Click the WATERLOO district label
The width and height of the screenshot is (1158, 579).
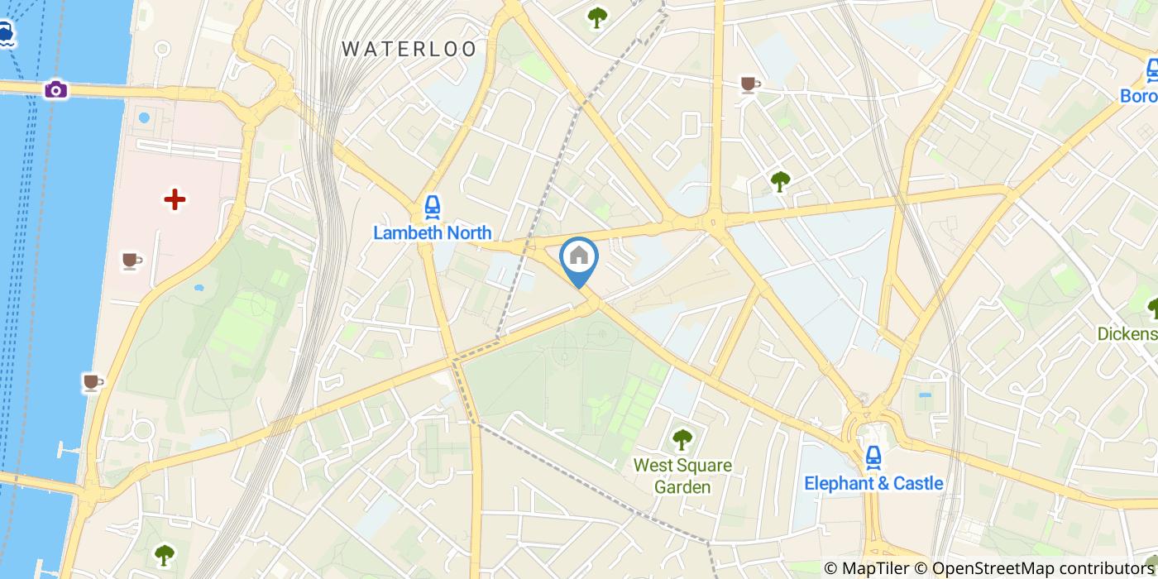(x=410, y=49)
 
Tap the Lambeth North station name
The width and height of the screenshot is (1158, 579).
(x=432, y=233)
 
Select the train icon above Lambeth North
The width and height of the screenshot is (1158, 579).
(x=432, y=207)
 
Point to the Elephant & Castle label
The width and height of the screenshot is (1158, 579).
(x=873, y=483)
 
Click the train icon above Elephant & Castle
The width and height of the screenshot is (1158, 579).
(x=873, y=456)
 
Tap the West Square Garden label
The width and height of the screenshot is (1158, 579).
(x=682, y=476)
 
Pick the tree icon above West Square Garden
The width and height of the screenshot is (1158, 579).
(x=682, y=439)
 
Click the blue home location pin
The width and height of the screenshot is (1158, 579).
(x=579, y=258)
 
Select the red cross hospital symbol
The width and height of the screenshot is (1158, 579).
(x=175, y=199)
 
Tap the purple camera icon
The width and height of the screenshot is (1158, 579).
(x=55, y=89)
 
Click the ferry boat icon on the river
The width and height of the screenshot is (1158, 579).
(x=6, y=34)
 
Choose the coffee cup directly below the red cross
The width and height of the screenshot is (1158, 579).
(x=131, y=261)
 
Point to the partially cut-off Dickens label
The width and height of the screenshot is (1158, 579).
(x=1127, y=334)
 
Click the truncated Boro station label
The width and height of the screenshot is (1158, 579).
(x=1138, y=96)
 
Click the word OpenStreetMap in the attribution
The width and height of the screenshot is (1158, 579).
(x=984, y=568)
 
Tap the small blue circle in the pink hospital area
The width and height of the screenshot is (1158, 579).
(x=144, y=117)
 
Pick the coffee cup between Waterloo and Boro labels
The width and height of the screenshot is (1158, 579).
(x=749, y=84)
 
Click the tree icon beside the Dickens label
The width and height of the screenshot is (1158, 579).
(x=1152, y=308)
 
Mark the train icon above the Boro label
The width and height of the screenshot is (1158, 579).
(x=1152, y=71)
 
